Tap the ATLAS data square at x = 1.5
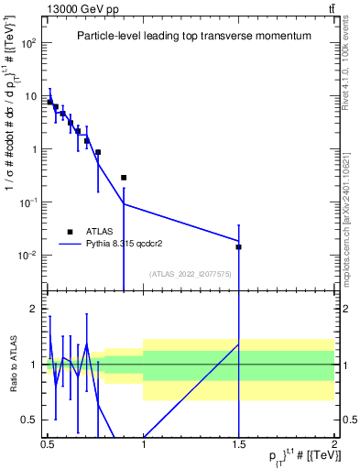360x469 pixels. coord(238,246)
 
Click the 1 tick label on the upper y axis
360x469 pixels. coord(34,149)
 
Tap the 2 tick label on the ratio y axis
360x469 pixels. coord(36,309)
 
